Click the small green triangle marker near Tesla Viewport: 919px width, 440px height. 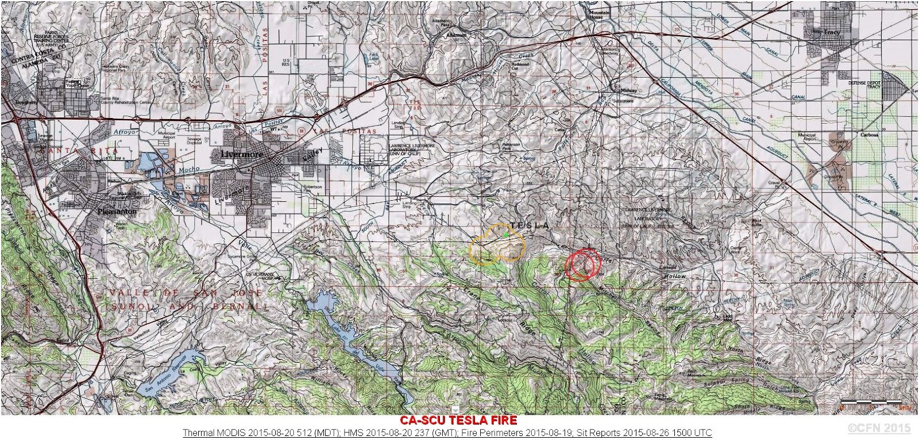click(505, 234)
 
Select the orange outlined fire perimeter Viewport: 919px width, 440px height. click(496, 244)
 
